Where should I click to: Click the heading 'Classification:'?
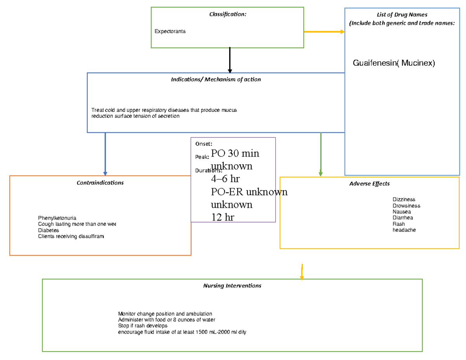pyautogui.click(x=228, y=14)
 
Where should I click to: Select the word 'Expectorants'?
pyautogui.click(x=170, y=31)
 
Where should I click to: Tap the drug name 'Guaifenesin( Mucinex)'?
pyautogui.click(x=394, y=63)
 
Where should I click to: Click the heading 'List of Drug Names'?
pyautogui.click(x=402, y=15)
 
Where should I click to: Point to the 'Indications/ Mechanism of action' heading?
pyautogui.click(x=216, y=79)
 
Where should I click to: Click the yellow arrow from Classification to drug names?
pyautogui.click(x=324, y=32)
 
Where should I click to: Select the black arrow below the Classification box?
pyautogui.click(x=230, y=60)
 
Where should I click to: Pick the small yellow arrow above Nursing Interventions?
pyautogui.click(x=302, y=272)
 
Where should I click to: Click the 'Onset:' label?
pyautogui.click(x=203, y=144)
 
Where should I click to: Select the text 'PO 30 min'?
pyautogui.click(x=235, y=153)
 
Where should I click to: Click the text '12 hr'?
pyautogui.click(x=223, y=217)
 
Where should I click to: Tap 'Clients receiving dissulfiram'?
pyautogui.click(x=71, y=237)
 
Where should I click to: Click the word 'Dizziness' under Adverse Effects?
pyautogui.click(x=404, y=200)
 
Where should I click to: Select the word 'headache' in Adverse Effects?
pyautogui.click(x=404, y=230)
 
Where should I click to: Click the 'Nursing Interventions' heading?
pyautogui.click(x=232, y=286)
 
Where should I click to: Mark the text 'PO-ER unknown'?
pyautogui.click(x=249, y=192)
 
